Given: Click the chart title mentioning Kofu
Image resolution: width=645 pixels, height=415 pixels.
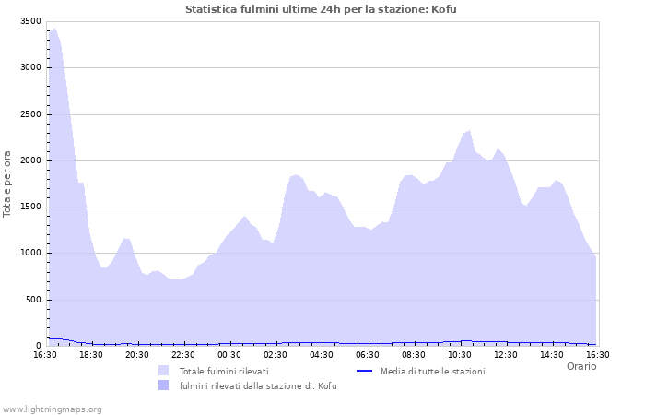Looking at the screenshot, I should coord(321,9).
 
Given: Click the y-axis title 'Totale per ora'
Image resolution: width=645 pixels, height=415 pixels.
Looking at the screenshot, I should coord(8,183).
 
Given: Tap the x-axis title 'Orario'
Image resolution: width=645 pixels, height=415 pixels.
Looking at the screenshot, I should coord(580,366).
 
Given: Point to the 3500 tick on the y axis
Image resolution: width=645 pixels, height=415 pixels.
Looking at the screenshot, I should coord(30,21).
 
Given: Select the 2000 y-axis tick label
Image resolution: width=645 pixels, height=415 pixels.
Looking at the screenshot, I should coord(30,160).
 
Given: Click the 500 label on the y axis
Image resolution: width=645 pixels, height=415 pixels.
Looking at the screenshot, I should coord(33,300).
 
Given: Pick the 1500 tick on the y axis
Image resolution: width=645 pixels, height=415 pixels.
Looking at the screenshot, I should coord(30,207).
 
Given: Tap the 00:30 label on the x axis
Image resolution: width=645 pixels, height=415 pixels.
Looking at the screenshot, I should coord(229,355).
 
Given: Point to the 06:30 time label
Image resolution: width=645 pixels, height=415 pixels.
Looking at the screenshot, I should coord(367,355).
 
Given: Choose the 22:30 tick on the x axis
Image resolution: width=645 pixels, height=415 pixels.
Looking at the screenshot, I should coord(182,355).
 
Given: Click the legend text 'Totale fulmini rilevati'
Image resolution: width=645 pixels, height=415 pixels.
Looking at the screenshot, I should coord(224,371).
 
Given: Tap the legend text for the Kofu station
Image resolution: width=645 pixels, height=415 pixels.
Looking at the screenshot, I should coord(257,385).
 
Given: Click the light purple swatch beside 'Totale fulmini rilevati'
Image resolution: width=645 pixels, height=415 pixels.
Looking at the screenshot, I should coord(164,371).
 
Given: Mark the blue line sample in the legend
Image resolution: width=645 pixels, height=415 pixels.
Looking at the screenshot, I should coord(364,371).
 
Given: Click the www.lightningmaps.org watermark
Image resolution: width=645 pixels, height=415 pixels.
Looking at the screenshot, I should coord(52,409).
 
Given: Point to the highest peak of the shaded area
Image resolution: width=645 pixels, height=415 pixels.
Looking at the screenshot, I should coord(54,29).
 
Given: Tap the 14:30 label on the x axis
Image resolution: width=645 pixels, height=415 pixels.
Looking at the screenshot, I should coord(551,355).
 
